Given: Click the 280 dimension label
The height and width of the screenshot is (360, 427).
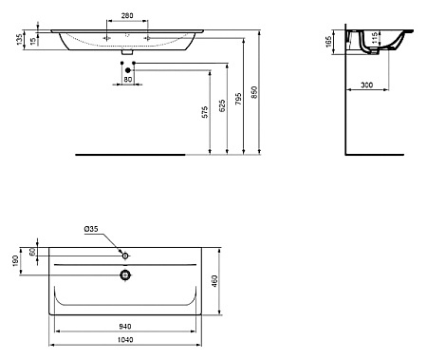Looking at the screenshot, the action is point(127,15).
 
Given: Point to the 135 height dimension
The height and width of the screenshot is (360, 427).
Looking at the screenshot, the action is point(20,39).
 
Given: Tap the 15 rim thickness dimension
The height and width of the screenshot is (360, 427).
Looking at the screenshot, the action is point(33,41).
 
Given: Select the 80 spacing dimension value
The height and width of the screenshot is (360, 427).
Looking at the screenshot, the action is point(128,80).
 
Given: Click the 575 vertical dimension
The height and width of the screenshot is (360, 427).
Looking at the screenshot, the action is point(205,112).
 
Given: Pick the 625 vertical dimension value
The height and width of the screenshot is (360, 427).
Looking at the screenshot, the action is point(222,105).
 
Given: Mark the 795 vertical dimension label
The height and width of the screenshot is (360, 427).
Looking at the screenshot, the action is point(239,99).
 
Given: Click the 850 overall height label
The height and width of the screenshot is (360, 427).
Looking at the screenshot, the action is point(255,92).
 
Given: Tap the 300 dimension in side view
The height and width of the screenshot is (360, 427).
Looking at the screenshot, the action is point(366,85).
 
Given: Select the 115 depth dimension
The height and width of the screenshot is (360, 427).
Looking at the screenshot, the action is point(375,38).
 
